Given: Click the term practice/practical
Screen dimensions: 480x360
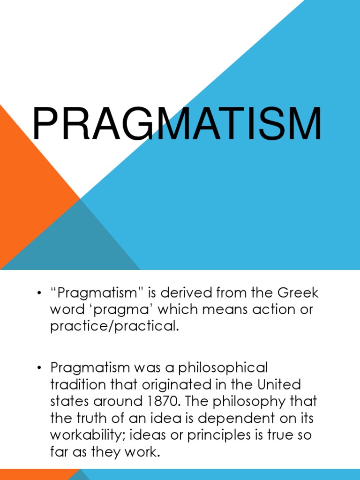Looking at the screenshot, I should (x=114, y=326).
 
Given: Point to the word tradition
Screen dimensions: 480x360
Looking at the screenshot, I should (x=77, y=384).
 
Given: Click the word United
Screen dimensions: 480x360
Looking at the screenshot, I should (x=279, y=384).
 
